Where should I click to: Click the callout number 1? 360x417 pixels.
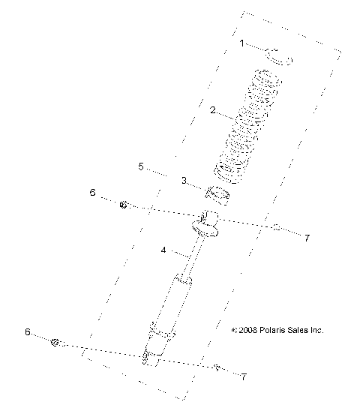click(241, 43)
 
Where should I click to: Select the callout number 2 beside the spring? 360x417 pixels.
click(213, 110)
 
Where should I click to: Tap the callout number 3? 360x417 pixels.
click(184, 181)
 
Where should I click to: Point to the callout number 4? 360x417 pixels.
click(163, 250)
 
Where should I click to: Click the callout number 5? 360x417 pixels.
click(141, 166)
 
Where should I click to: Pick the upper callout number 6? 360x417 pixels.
click(92, 192)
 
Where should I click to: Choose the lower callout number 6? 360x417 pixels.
click(28, 332)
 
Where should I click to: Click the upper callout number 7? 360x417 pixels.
click(307, 238)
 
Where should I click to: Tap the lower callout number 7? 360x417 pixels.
click(244, 376)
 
